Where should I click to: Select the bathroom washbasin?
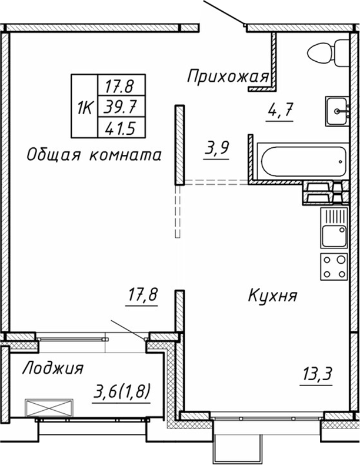(337, 110)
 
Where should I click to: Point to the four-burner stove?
(334, 266)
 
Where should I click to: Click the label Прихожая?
(228, 75)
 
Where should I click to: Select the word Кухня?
(272, 295)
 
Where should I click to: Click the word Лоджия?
(52, 368)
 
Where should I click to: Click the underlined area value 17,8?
(144, 295)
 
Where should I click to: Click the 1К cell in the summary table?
(85, 107)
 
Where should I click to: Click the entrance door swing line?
(224, 12)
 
